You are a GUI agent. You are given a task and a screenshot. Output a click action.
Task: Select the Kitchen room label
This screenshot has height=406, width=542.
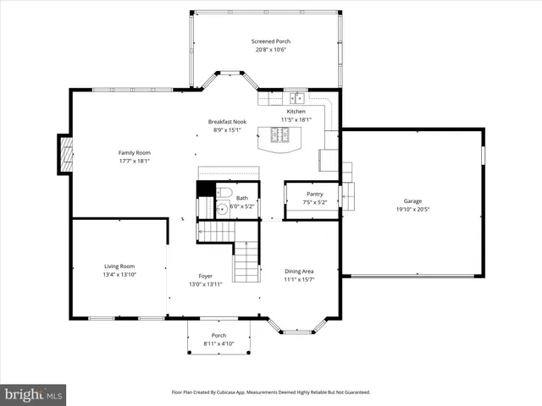pos(296,112)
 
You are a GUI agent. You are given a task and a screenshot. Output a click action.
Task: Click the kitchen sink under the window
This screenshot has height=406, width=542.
pos(295,98)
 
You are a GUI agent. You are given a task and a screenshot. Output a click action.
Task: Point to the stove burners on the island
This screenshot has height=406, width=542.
pos(279,134)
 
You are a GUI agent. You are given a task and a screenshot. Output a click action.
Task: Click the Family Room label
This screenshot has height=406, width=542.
pos(134,152)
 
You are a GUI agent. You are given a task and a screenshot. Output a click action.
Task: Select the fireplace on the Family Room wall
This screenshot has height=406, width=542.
pos(65,154)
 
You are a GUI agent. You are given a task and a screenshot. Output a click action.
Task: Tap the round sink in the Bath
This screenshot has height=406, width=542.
pos(223,209)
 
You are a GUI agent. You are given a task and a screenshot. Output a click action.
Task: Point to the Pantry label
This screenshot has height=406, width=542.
pos(314,194)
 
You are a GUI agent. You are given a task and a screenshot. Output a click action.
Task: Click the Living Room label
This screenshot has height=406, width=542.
pos(119,266)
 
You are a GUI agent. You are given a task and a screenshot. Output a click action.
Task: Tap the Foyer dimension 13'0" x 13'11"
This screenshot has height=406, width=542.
pos(205,284)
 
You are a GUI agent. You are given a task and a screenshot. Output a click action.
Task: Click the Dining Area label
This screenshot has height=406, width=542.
pos(299,271)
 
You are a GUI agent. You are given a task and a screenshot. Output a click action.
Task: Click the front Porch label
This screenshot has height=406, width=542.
pos(218,336)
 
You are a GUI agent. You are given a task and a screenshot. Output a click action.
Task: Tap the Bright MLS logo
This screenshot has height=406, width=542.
pos(33,394)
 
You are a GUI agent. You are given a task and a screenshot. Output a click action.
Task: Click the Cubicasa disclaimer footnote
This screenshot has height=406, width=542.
pos(271,392)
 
